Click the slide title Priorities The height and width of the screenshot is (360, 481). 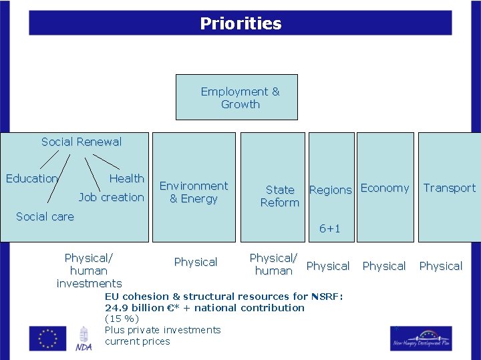point(240,24)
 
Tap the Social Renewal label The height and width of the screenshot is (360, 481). point(82,142)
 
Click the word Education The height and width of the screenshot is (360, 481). point(32,178)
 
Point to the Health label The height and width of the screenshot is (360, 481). point(127,178)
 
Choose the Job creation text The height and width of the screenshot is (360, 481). point(111,197)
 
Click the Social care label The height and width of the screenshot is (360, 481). point(45,216)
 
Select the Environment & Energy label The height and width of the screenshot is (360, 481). point(194,192)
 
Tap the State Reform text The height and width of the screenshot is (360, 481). point(280,196)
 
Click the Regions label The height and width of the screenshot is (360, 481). point(330,190)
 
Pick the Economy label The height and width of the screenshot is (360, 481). point(385,188)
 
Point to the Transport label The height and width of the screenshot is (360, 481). point(450,188)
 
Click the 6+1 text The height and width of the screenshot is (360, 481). point(329,228)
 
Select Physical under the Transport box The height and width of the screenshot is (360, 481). point(441,266)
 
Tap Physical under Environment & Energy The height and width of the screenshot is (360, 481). point(196,262)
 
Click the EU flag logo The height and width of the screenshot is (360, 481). point(47,338)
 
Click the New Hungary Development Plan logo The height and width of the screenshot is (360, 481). point(421,338)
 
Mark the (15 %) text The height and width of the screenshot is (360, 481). point(122,319)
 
